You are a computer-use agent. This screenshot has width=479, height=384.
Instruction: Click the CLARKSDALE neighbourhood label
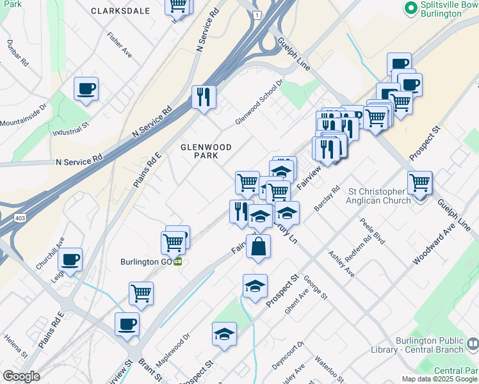[120, 11]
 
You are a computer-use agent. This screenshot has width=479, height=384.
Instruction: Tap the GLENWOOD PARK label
[206, 151]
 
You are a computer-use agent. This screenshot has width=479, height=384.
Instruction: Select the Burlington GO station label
[147, 262]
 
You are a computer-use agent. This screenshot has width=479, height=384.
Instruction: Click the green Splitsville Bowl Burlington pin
[410, 8]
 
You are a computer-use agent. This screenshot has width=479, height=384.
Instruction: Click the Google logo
[21, 376]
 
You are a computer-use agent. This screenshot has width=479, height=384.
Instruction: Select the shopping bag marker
[258, 246]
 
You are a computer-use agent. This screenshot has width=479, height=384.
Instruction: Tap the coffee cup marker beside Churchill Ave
[70, 259]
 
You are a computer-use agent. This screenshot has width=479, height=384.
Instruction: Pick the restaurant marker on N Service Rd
[204, 97]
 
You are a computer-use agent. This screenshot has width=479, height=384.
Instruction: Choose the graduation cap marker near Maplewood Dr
[224, 333]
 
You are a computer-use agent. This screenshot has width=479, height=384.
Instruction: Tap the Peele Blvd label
[373, 231]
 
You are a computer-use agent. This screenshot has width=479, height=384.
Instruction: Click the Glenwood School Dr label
[259, 102]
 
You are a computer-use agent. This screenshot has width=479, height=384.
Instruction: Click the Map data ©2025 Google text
[439, 379]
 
